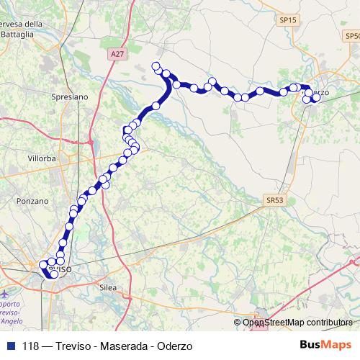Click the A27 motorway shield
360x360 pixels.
click(118, 54)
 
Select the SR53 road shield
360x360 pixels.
click(274, 199)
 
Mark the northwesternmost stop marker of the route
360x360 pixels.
click(156, 67)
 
